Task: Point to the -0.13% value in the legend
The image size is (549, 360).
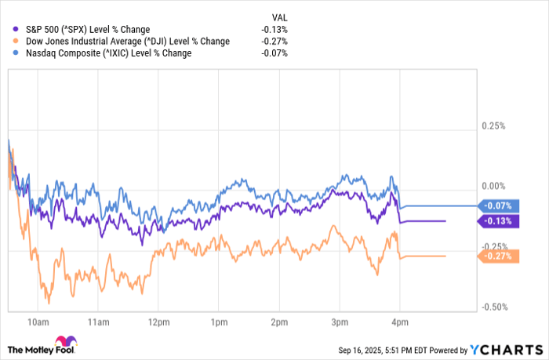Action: pyautogui.click(x=274, y=30)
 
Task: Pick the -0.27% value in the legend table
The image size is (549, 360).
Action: pyautogui.click(x=274, y=42)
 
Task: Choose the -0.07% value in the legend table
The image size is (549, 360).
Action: pyautogui.click(x=274, y=53)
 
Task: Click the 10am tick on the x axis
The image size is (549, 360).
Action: pyautogui.click(x=37, y=322)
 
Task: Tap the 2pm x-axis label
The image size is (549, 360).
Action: pyautogui.click(x=278, y=322)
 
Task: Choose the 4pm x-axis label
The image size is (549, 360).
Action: pyautogui.click(x=399, y=322)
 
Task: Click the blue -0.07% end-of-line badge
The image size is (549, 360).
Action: pyautogui.click(x=497, y=206)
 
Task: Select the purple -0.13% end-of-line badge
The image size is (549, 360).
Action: pyautogui.click(x=497, y=221)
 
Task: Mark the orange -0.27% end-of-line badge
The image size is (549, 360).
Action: pyautogui.click(x=497, y=256)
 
